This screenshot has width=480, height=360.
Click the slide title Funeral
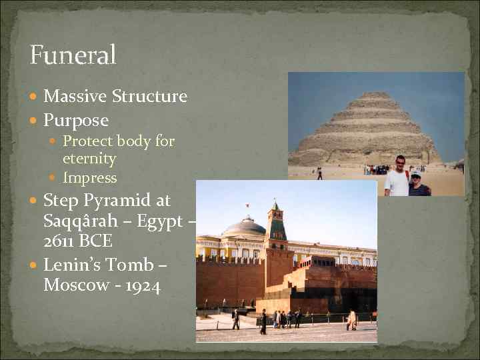(x=73, y=55)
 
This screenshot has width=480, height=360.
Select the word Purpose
(x=75, y=121)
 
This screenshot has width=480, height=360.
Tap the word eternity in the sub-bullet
(x=89, y=159)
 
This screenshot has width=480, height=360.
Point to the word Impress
(x=89, y=178)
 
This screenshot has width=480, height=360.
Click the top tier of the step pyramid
(x=375, y=95)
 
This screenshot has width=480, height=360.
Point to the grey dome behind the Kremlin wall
(x=243, y=227)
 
